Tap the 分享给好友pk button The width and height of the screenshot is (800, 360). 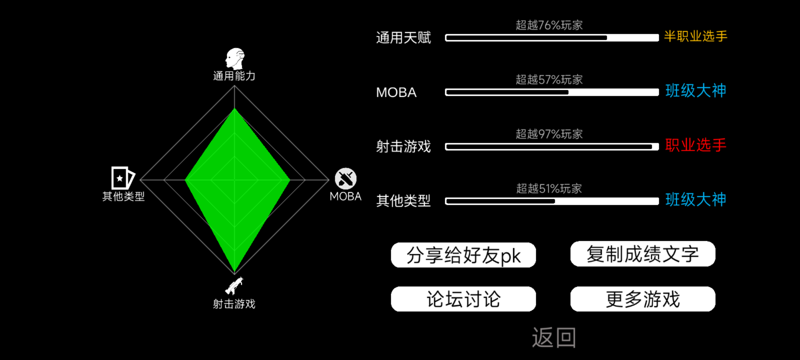[463, 255]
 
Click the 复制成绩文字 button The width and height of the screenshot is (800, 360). [643, 254]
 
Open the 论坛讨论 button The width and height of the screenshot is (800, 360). [463, 299]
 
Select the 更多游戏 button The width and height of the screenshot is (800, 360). [643, 299]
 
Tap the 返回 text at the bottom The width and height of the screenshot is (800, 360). [554, 337]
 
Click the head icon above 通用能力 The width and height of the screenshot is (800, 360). [235, 59]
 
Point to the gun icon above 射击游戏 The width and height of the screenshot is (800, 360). [234, 286]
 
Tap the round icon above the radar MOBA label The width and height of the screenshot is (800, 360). [346, 179]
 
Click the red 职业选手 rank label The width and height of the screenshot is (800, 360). [696, 145]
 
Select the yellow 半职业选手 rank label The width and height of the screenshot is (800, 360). [696, 36]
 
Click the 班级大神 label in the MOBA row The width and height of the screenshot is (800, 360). [696, 91]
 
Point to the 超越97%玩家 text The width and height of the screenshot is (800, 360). [549, 134]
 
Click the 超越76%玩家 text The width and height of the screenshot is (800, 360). [549, 25]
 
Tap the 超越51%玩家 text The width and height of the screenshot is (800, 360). [549, 189]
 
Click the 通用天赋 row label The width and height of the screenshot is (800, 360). [403, 38]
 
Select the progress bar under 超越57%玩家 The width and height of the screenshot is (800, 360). [552, 92]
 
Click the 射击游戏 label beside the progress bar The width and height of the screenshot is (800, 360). [403, 147]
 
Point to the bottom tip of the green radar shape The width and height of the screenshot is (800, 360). [235, 273]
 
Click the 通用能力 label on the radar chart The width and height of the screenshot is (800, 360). [234, 76]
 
